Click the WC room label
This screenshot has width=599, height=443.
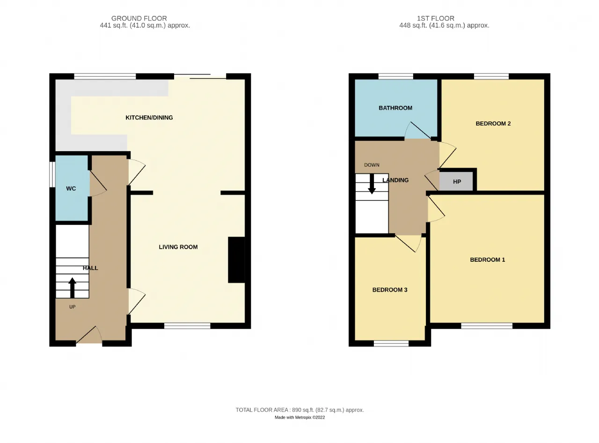[x=71, y=188]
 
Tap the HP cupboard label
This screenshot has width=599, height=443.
[x=457, y=182]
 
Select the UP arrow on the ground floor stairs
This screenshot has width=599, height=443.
[x=72, y=288]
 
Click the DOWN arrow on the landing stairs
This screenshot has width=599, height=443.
[x=372, y=184]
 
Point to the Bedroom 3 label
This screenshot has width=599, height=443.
[x=389, y=290]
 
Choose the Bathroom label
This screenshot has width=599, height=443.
[x=395, y=108]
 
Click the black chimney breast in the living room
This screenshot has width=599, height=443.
[x=236, y=260]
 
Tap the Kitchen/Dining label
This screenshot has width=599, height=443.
[x=149, y=118]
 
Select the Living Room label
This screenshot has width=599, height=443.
[x=178, y=247]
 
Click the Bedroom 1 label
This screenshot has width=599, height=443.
[x=487, y=260]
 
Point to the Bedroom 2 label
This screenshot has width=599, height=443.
[x=493, y=124]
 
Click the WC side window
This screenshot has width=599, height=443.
[x=52, y=174]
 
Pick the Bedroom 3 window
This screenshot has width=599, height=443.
[x=391, y=343]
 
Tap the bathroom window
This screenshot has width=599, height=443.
[x=395, y=76]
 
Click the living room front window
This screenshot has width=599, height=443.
[x=187, y=326]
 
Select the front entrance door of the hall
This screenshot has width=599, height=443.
[x=89, y=335]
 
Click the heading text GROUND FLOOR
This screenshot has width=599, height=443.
[x=139, y=18]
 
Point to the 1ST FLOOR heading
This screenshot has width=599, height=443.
[x=435, y=18]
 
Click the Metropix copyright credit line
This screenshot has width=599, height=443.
[x=299, y=417]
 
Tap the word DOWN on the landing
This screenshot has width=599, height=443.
[x=372, y=165]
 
